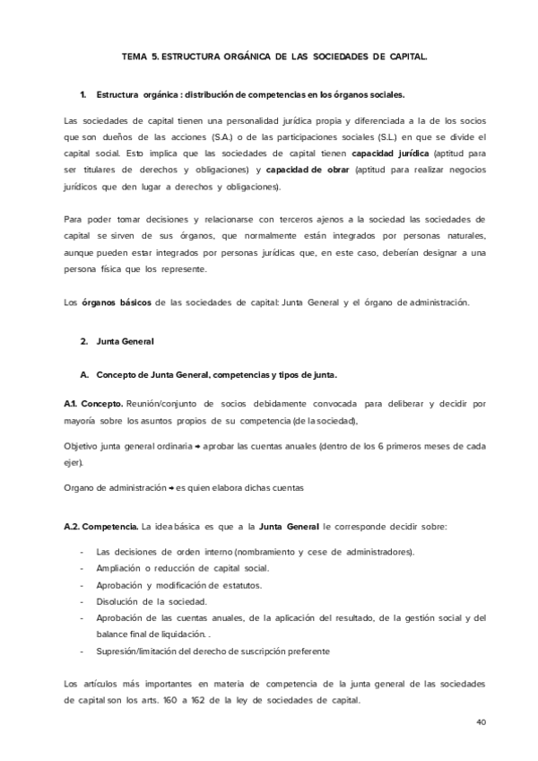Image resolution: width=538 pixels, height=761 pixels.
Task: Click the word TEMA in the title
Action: click(x=136, y=56)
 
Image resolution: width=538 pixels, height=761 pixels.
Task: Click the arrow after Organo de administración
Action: click(x=170, y=487)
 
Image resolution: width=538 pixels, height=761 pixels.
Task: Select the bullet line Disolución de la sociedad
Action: click(x=152, y=600)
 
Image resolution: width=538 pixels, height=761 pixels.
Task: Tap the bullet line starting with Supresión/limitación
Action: click(x=213, y=651)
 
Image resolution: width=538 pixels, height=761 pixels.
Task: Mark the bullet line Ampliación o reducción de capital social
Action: click(x=182, y=568)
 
